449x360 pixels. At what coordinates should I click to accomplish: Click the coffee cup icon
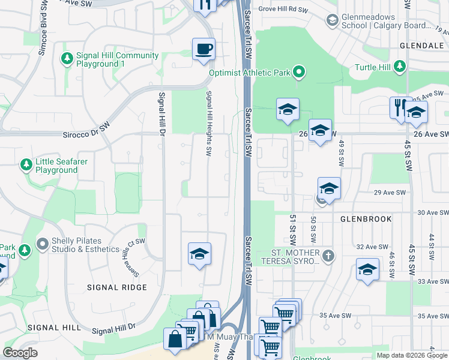tap(204, 48)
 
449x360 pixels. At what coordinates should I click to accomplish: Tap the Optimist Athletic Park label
tap(249, 73)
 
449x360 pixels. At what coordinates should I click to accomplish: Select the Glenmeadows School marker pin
tap(332, 21)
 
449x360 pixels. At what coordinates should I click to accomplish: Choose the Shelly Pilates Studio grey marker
tap(42, 244)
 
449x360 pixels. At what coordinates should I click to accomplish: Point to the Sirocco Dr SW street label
tap(88, 127)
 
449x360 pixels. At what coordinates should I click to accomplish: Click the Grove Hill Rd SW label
tap(283, 10)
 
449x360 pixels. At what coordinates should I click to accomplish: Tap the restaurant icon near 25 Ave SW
tap(400, 107)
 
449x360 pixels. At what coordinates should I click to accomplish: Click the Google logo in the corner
tap(20, 353)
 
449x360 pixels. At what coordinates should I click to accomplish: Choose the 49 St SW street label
tap(341, 147)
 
